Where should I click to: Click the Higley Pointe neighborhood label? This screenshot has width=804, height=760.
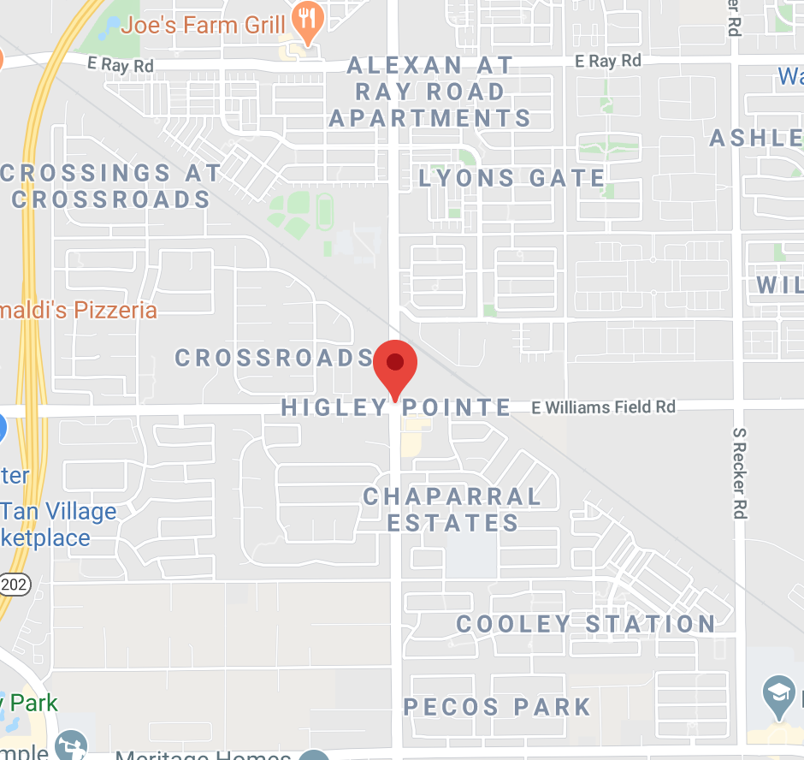coord(396,407)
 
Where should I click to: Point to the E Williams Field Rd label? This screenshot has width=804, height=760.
coord(603,407)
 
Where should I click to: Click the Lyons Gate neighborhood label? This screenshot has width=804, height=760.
coord(511,178)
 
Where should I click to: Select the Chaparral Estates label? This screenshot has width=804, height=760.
coord(452,509)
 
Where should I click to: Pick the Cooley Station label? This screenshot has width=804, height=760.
coord(586,624)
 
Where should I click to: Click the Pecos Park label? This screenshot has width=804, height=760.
coord(497,707)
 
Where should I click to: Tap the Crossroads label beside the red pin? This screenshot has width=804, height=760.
coord(275,358)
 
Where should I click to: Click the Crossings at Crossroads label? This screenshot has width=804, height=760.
coord(111,186)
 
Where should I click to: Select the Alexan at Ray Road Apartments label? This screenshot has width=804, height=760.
coord(430,92)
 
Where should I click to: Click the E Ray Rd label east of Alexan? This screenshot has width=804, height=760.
coord(608,61)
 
